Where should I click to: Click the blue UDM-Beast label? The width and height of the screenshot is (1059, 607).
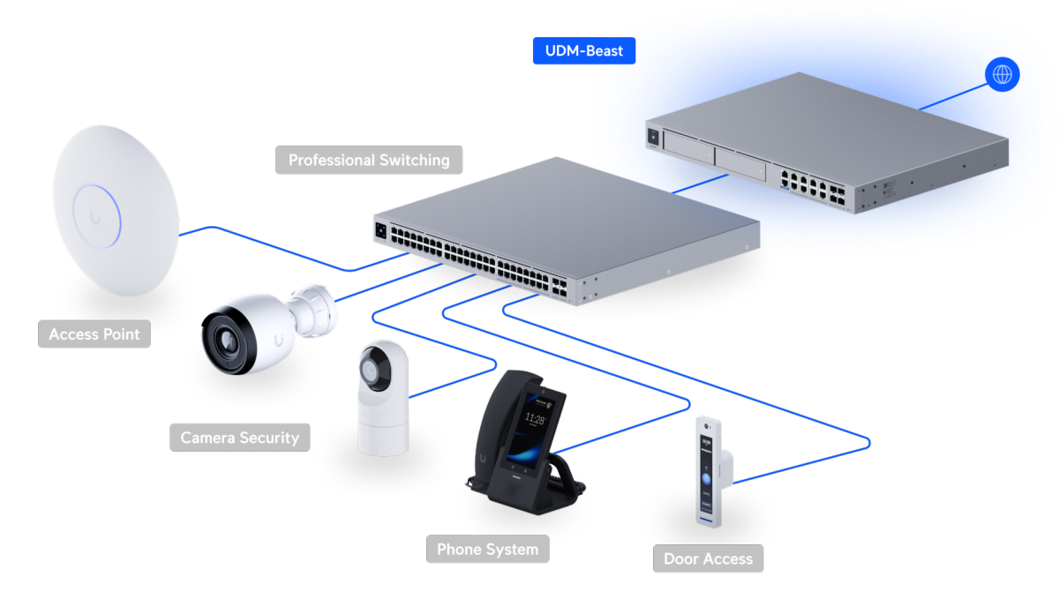[584, 50]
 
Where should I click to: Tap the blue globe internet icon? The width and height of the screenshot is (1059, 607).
[1002, 74]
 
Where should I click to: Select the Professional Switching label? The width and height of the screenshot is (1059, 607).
[369, 160]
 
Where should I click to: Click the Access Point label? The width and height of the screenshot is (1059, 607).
[94, 333]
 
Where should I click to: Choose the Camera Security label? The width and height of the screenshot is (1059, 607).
[240, 438]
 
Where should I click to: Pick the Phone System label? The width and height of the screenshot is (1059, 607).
[487, 549]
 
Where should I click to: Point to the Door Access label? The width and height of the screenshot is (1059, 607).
[708, 558]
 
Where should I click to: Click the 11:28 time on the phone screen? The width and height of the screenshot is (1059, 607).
[535, 418]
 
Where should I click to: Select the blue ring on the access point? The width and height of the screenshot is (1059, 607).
[97, 216]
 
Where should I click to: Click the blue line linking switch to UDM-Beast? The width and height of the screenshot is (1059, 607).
[700, 184]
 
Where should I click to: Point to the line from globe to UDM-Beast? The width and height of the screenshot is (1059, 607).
[953, 97]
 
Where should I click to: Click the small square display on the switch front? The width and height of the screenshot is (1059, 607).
[380, 231]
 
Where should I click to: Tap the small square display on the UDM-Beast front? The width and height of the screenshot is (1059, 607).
[653, 137]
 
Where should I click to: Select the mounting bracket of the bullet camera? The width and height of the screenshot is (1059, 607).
[313, 311]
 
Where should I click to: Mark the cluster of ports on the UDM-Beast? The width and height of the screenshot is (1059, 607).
[812, 188]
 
